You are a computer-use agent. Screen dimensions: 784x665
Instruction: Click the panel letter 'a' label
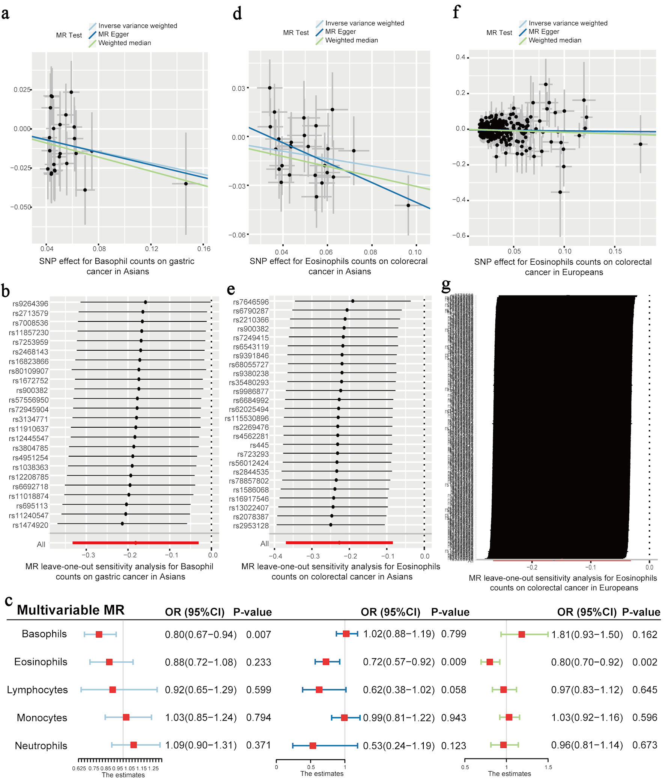[5, 14]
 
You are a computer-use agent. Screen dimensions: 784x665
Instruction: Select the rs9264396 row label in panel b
[30, 303]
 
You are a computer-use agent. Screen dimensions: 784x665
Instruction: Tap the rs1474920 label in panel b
[30, 525]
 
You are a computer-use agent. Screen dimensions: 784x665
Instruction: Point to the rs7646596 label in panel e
[251, 302]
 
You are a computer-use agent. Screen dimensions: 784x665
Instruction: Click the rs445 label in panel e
[259, 445]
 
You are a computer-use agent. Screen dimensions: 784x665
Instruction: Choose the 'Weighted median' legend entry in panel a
[124, 43]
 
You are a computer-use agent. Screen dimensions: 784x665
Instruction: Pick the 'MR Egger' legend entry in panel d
[340, 32]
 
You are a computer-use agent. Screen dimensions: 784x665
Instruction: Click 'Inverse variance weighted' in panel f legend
[568, 23]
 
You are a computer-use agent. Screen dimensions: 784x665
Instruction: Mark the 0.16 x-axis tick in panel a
[204, 249]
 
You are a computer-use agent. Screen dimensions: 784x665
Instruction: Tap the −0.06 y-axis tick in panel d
[236, 235]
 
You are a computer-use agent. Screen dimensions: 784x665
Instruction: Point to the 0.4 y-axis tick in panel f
[460, 57]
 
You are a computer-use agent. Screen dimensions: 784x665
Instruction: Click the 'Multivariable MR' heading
[71, 610]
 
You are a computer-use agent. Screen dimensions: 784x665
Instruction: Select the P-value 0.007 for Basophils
[258, 634]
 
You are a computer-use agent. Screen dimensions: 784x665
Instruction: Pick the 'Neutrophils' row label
[41, 745]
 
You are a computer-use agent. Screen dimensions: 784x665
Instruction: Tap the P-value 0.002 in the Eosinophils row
[645, 662]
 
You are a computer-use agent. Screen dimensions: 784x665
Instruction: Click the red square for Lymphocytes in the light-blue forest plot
[112, 689]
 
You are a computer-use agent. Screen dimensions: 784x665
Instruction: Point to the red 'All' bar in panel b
[135, 543]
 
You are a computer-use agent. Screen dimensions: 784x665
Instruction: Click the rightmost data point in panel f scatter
[640, 144]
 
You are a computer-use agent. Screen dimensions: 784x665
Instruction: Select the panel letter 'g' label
[446, 286]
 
